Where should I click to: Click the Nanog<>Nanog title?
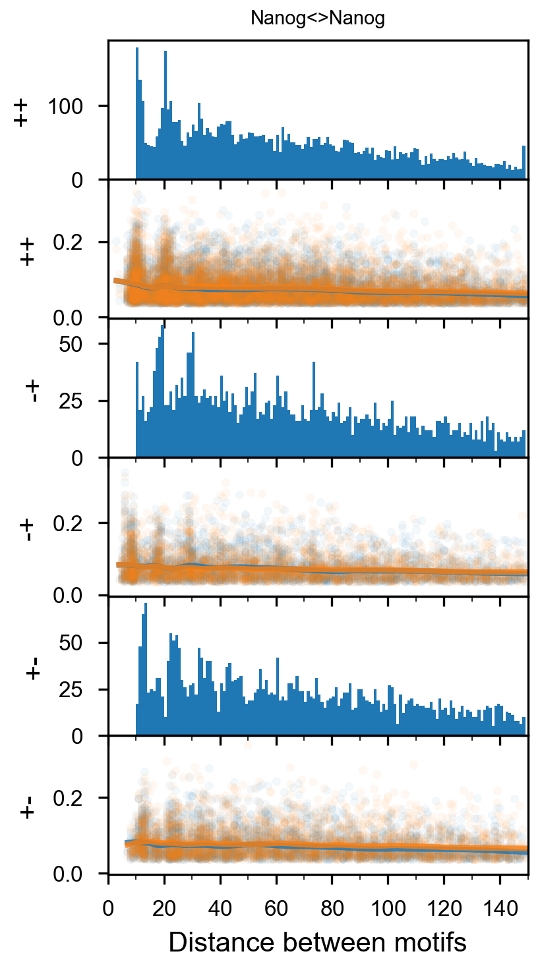(317, 18)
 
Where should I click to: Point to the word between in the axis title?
(324, 942)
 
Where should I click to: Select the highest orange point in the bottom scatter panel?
(248, 745)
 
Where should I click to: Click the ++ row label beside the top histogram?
(21, 113)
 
